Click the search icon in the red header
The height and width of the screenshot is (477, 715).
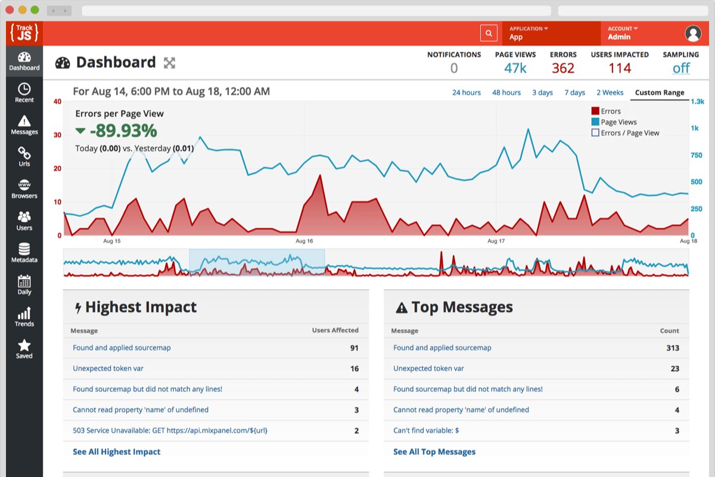tap(489, 33)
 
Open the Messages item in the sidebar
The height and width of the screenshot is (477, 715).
tap(24, 125)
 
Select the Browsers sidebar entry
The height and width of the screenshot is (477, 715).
tap(24, 189)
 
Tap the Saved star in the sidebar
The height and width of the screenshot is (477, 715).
tap(24, 349)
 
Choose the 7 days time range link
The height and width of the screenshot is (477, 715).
tap(574, 92)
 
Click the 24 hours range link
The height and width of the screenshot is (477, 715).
tap(467, 92)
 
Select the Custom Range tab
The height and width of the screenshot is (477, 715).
tap(660, 92)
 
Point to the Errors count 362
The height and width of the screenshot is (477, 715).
tap(563, 68)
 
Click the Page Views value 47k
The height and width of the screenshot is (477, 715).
tap(515, 68)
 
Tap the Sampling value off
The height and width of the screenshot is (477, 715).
tap(681, 68)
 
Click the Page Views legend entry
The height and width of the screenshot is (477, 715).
tap(614, 122)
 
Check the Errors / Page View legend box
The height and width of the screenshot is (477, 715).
tap(595, 132)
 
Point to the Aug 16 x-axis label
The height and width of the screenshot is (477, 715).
tap(304, 241)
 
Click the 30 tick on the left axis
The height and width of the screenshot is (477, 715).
tap(57, 135)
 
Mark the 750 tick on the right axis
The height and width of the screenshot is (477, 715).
tap(696, 155)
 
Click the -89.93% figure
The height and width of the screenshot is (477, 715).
tap(123, 131)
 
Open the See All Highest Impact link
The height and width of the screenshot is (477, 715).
tap(117, 451)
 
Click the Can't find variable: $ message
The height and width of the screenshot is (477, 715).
tap(426, 430)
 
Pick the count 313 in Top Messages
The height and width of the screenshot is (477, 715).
tap(673, 348)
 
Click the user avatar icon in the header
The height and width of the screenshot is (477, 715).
tap(693, 33)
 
